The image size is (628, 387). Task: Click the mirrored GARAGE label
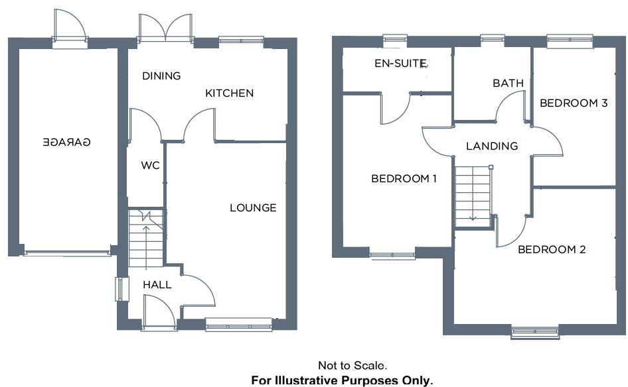point(66,142)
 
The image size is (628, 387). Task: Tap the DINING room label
point(161,76)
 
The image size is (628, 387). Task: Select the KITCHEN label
point(229,93)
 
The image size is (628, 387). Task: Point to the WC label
point(151,166)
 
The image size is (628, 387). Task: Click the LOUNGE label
point(253,208)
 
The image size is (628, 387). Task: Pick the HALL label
point(157,285)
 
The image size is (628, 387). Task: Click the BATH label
point(508,83)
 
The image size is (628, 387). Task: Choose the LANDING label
point(492,146)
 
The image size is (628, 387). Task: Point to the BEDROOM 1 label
point(404,178)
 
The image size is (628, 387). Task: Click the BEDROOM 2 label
point(552,250)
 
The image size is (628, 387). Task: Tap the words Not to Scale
point(352,365)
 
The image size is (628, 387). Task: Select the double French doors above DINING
point(165,28)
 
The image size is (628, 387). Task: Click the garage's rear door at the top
point(70,28)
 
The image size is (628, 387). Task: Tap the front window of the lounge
point(238,324)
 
